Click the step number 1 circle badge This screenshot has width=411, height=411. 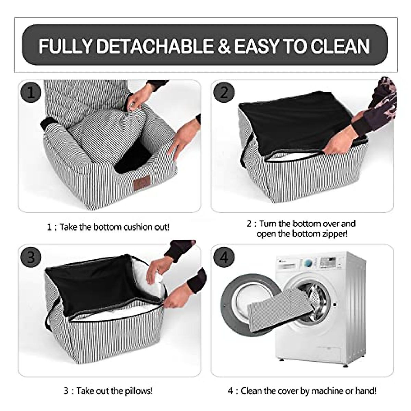pos(31,92)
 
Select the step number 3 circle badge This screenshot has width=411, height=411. pos(31,257)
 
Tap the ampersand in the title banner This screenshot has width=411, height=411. pos(224,46)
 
